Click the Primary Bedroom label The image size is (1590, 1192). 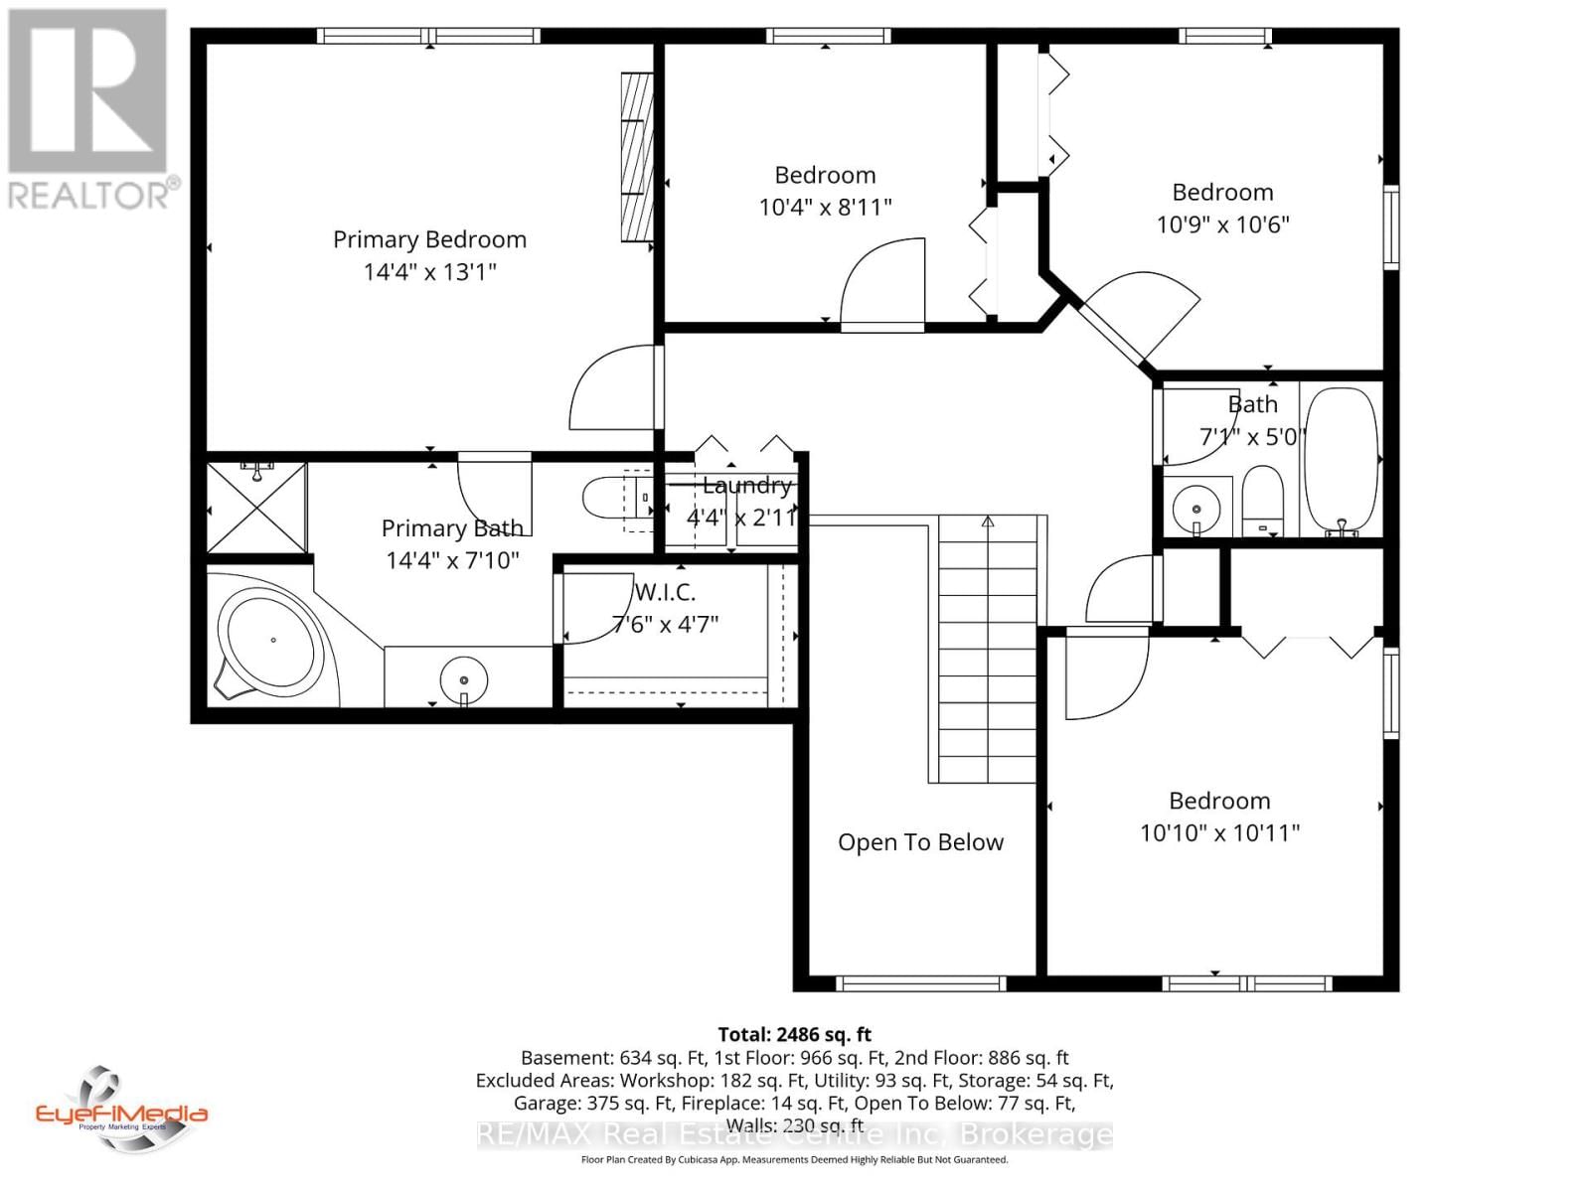pyautogui.click(x=429, y=239)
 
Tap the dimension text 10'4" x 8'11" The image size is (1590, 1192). pyautogui.click(x=825, y=208)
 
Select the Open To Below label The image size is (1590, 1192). pyautogui.click(x=920, y=842)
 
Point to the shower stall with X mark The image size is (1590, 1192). pyautogui.click(x=257, y=508)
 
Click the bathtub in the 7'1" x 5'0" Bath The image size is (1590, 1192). pyautogui.click(x=1342, y=463)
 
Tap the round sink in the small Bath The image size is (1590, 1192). pyautogui.click(x=1196, y=510)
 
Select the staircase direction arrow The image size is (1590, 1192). pyautogui.click(x=988, y=521)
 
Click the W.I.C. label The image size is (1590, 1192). pyautogui.click(x=665, y=592)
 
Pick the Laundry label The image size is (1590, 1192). pyautogui.click(x=746, y=486)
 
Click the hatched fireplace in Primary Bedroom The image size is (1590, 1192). pyautogui.click(x=637, y=157)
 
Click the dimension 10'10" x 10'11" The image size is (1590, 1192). pyautogui.click(x=1219, y=833)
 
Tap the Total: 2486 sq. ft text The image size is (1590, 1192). pyautogui.click(x=794, y=1034)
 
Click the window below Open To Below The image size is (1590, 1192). pyautogui.click(x=921, y=983)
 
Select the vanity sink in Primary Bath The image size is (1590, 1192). pyautogui.click(x=464, y=678)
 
